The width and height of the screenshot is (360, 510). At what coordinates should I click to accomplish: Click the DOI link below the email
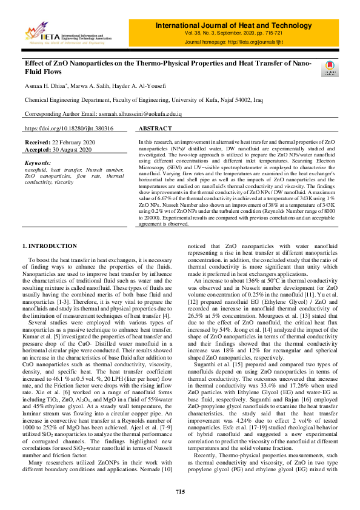coord(68,129)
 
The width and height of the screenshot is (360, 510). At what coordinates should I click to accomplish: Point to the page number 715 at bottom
coord(180,491)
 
